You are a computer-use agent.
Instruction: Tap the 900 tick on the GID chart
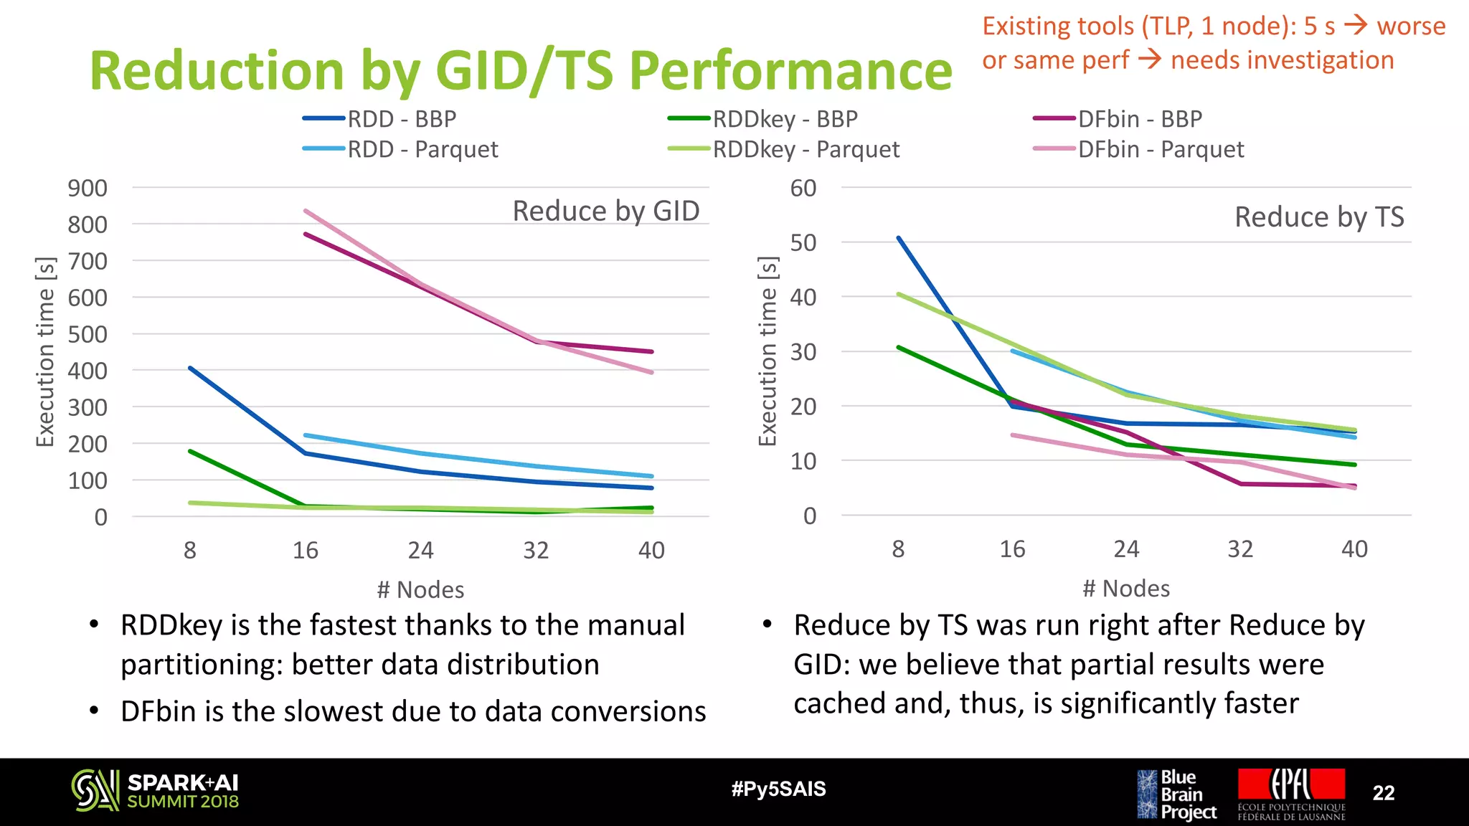tap(88, 189)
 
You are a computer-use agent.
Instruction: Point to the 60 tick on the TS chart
tap(803, 189)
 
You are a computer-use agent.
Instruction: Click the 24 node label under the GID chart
tap(421, 551)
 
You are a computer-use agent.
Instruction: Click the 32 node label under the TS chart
tap(1240, 549)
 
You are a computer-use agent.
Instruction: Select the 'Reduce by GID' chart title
tap(606, 212)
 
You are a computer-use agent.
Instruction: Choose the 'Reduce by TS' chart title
tap(1319, 217)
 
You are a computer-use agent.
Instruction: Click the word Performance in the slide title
tap(790, 71)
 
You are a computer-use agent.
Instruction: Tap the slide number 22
tap(1383, 793)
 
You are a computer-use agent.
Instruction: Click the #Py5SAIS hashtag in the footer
tap(778, 789)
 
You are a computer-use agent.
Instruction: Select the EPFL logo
tap(1291, 793)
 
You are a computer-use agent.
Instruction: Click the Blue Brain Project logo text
tap(1188, 794)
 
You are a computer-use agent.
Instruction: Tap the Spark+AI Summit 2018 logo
tap(155, 792)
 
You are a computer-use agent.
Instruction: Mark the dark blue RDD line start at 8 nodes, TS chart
tap(899, 238)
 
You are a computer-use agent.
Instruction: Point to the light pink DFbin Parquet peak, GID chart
tap(306, 211)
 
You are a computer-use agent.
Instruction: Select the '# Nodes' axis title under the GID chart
tap(421, 590)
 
